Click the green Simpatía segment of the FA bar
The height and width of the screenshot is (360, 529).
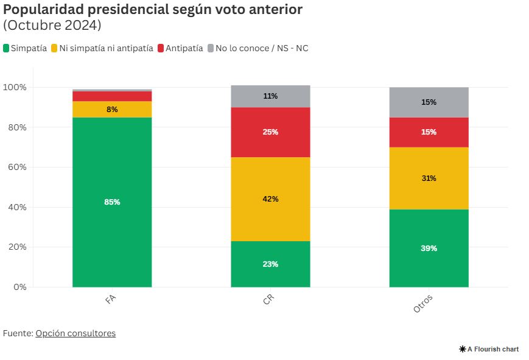click(112, 202)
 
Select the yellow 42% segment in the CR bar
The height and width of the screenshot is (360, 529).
click(270, 199)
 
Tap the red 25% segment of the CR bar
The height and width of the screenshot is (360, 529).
click(270, 132)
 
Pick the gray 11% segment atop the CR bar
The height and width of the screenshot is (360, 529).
click(270, 96)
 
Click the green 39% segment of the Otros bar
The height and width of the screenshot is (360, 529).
click(429, 248)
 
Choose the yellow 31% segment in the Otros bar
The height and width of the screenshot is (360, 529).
click(429, 178)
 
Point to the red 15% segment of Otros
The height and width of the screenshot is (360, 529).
click(429, 132)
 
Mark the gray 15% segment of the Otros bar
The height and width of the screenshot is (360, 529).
click(429, 102)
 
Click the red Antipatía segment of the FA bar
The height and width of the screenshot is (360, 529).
click(112, 96)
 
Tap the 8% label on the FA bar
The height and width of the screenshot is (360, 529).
click(112, 110)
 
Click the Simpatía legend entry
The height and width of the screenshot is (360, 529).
click(25, 48)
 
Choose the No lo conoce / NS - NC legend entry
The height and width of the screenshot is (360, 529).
click(258, 48)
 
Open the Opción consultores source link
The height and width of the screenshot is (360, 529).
click(75, 333)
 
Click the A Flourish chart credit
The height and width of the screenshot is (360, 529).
click(489, 349)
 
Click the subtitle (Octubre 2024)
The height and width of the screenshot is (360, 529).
click(52, 26)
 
